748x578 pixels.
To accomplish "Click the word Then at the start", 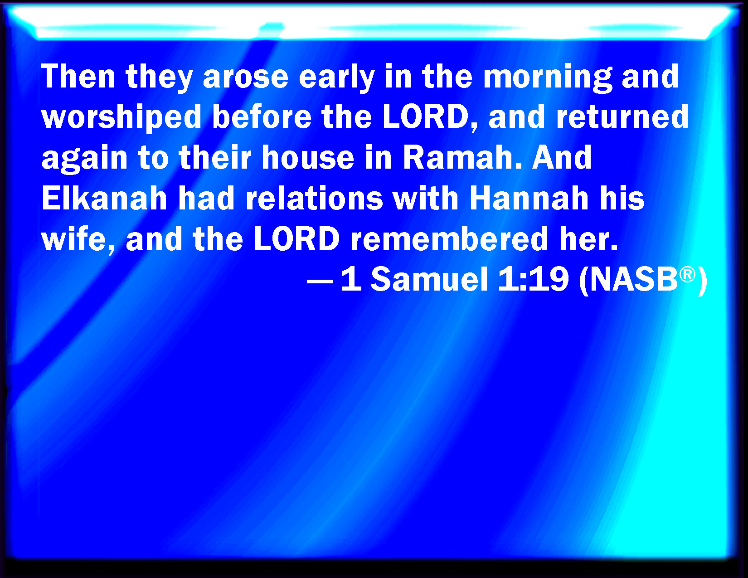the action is click(78, 76).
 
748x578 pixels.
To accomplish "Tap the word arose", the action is click(245, 78).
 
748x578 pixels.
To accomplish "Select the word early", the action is click(337, 78).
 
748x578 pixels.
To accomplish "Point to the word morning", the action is click(548, 78).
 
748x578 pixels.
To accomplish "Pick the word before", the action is click(262, 117).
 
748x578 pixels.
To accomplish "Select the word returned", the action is click(622, 117).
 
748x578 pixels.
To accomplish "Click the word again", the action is click(85, 159).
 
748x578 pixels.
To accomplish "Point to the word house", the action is click(308, 157).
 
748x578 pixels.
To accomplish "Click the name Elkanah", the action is click(104, 198).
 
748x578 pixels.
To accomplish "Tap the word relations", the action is click(314, 198).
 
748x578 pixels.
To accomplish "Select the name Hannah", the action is click(529, 198).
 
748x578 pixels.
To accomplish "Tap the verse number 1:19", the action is click(533, 279).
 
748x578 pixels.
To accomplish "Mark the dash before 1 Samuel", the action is click(320, 281).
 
